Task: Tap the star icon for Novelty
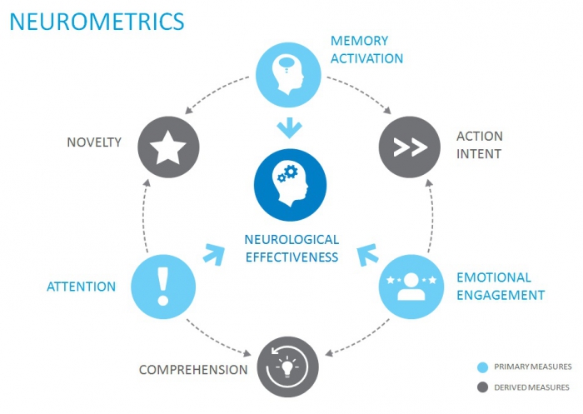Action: [x=168, y=147]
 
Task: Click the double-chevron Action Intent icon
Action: [x=410, y=147]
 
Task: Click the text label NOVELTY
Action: [x=94, y=142]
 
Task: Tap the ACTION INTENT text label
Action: [x=480, y=145]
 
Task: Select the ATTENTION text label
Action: [x=81, y=287]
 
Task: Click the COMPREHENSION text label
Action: [x=193, y=369]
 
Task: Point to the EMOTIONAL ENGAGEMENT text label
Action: [x=500, y=286]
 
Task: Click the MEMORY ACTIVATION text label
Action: [x=366, y=49]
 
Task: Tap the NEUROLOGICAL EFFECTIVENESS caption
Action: [x=291, y=247]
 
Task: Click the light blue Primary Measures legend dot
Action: [x=483, y=367]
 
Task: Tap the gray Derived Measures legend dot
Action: [x=483, y=387]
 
